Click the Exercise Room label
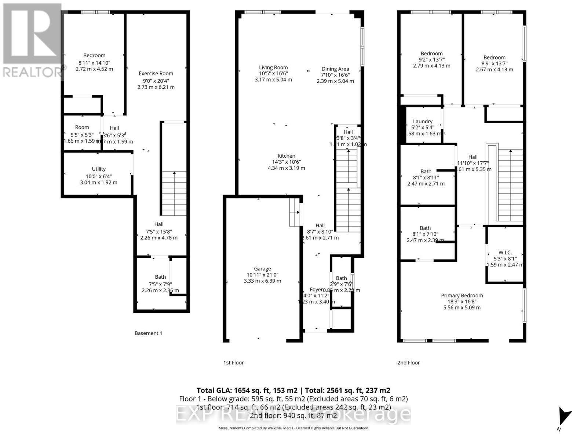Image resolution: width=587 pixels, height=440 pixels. [156, 73]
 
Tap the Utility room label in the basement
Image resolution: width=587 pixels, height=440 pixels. [98, 169]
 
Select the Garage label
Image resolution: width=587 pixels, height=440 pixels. [262, 269]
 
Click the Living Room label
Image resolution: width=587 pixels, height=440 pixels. [273, 67]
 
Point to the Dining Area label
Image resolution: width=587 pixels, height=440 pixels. [335, 69]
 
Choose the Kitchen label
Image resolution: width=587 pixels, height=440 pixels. [286, 156]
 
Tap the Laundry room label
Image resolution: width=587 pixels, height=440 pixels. [423, 121]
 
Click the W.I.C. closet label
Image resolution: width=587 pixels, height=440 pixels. [505, 253]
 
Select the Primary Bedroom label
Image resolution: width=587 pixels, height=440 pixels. [462, 296]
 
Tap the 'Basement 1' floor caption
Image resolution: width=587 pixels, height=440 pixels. [148, 333]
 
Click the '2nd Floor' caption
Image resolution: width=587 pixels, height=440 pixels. [408, 363]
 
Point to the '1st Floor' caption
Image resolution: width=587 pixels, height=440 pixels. [233, 363]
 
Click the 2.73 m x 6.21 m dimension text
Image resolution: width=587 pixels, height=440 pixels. [156, 87]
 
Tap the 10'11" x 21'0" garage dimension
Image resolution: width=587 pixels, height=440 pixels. [262, 275]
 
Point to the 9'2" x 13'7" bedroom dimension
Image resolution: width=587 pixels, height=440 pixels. [431, 60]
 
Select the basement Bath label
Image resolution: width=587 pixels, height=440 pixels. [160, 277]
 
